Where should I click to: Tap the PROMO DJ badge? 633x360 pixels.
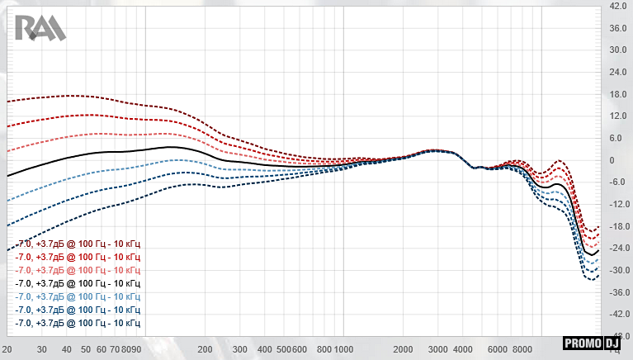592,343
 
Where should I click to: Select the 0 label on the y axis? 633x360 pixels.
612,160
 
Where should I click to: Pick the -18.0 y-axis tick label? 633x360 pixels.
618,226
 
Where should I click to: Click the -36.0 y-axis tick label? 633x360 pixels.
618,292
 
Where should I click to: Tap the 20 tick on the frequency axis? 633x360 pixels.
7,351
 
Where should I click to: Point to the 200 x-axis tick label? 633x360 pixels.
205,351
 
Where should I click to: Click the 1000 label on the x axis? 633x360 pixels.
344,351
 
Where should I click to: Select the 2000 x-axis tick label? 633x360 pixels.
404,351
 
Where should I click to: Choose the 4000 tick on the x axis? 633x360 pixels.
463,351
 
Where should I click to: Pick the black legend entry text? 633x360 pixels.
78,283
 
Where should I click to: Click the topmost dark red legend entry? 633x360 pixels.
78,244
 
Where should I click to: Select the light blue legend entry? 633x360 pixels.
78,296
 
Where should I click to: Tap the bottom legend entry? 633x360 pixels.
78,323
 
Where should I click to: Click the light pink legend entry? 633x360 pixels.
78,271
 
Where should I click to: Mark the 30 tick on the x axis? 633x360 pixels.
41,351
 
